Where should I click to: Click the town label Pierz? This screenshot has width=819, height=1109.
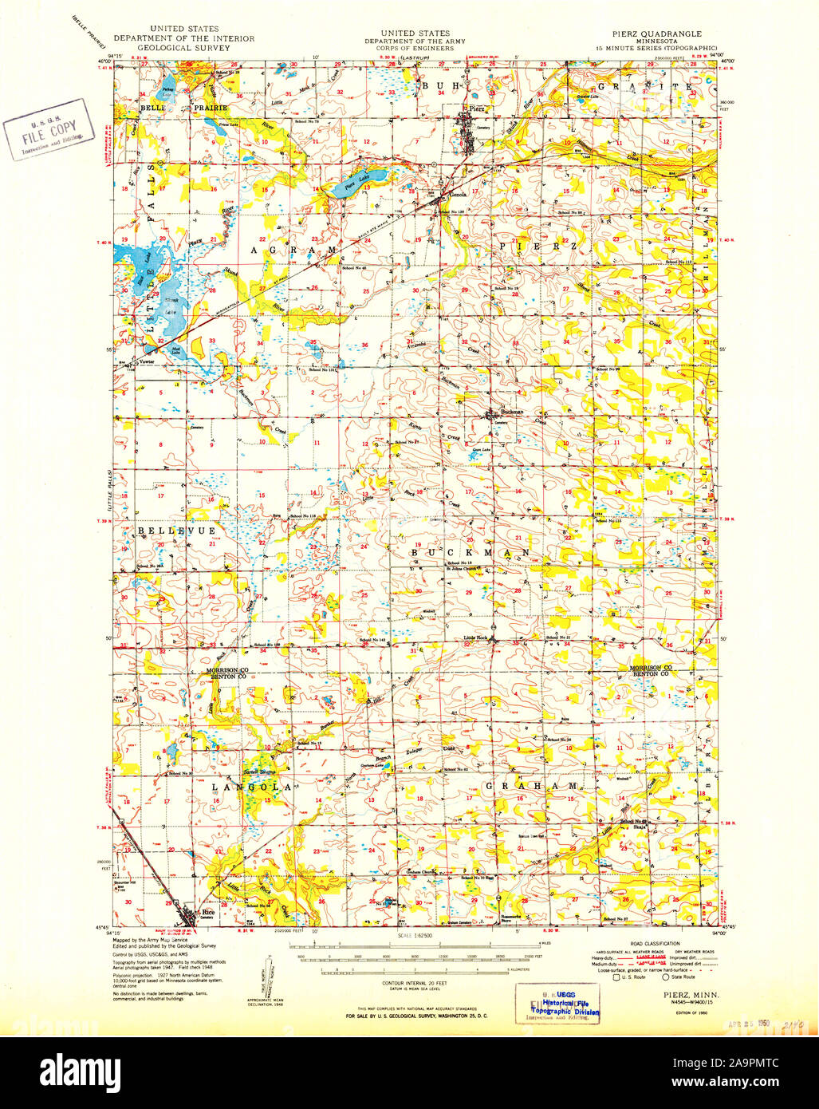(x=477, y=108)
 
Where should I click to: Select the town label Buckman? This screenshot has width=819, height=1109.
(x=511, y=412)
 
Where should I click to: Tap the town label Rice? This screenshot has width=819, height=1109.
(x=208, y=912)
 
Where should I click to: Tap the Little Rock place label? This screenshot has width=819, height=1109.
(x=476, y=638)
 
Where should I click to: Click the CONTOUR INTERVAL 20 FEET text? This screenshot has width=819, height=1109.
(x=412, y=984)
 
